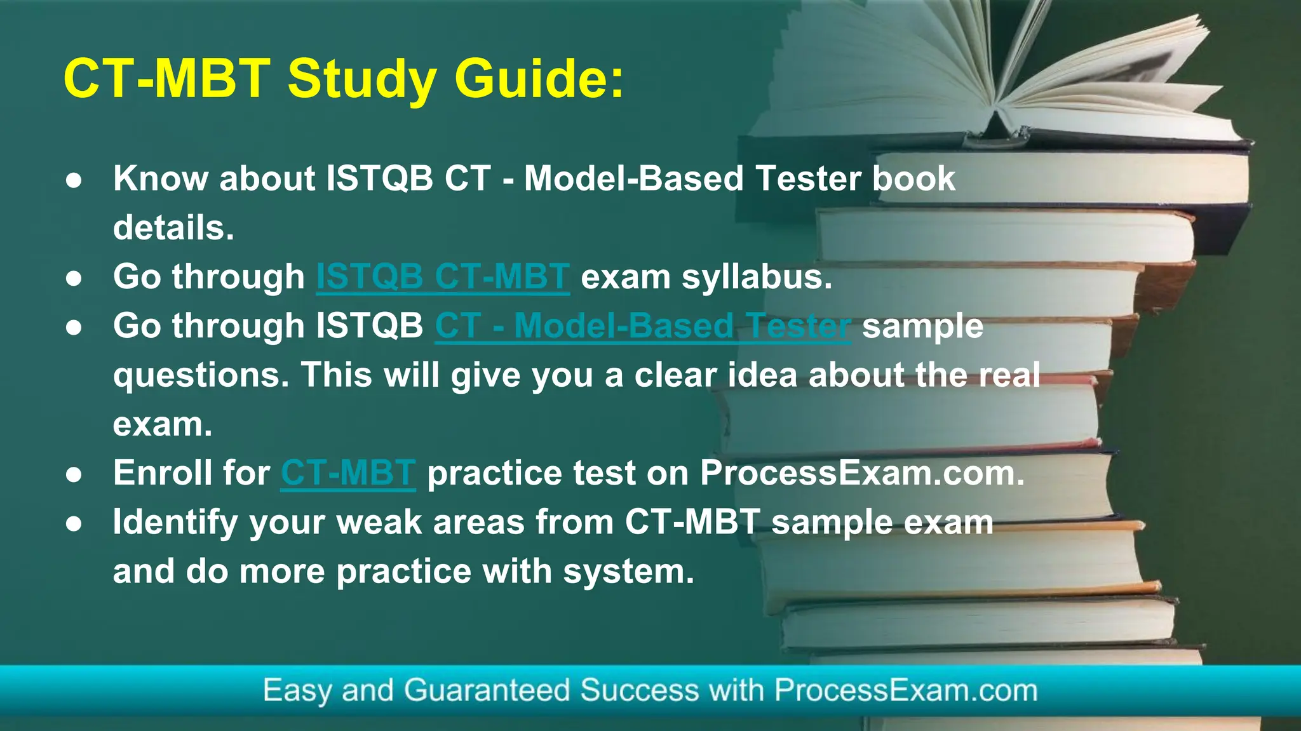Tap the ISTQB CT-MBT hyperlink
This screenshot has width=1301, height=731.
click(443, 277)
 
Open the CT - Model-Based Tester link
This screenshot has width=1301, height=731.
click(642, 326)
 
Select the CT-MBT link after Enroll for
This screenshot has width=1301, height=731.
click(348, 473)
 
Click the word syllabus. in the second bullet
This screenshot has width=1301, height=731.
click(757, 277)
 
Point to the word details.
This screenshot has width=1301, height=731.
click(173, 227)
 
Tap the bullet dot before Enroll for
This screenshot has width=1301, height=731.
click(74, 474)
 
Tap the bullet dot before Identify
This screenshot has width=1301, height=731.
click(74, 523)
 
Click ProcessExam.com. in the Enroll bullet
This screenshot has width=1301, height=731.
click(862, 473)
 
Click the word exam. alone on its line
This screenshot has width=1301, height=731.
click(163, 424)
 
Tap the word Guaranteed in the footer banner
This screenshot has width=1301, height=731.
click(487, 690)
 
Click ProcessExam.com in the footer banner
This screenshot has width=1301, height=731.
click(905, 690)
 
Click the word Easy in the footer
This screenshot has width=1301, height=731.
click(297, 690)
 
